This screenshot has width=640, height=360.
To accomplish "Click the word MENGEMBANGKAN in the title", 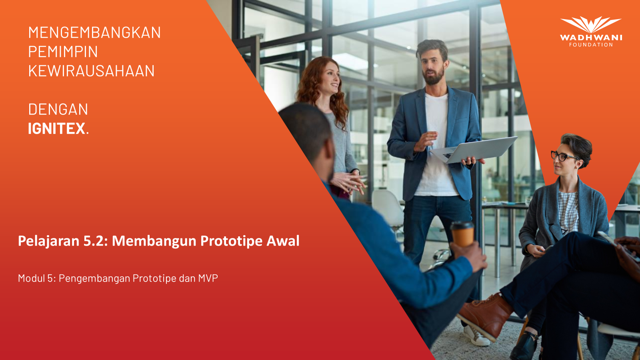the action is [94, 32].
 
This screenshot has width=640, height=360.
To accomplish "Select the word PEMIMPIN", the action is [63, 52].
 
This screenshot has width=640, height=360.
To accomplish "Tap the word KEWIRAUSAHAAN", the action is [92, 71].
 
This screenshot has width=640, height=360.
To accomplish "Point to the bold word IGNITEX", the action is [56, 128].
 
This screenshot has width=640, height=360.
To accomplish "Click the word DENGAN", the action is [58, 109].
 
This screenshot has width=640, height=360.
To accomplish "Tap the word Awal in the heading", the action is [283, 240].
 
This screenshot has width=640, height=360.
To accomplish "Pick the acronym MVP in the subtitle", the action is [208, 278].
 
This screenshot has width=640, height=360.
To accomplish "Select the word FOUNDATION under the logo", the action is [591, 44].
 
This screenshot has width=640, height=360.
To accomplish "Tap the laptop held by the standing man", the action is [474, 150].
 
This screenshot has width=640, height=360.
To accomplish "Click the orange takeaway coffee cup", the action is [462, 234].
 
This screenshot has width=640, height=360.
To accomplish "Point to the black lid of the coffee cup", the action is [462, 225].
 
